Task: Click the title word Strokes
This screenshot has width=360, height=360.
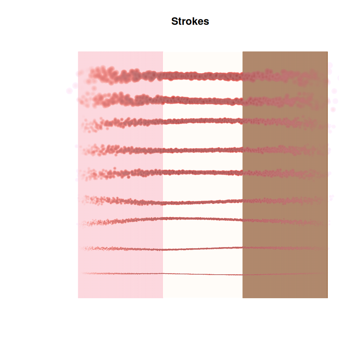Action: point(190,21)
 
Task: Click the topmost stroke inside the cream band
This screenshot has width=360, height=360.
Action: point(203,76)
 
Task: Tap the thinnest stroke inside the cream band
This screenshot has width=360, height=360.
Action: point(203,274)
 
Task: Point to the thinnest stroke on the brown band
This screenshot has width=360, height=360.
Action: point(285,274)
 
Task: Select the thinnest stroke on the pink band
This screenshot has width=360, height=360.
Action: point(122,274)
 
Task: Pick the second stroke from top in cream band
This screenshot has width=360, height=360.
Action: point(203,101)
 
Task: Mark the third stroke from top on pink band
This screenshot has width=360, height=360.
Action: point(122,123)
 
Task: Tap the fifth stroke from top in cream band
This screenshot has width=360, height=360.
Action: point(203,172)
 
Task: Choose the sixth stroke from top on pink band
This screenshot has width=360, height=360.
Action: point(122,201)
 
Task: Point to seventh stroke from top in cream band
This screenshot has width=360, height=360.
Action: point(203,219)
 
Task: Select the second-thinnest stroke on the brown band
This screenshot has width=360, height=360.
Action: point(285,248)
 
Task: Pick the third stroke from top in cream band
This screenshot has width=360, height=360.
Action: point(203,121)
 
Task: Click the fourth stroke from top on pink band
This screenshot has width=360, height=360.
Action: point(122,150)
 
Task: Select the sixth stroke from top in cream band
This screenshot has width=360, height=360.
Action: point(203,202)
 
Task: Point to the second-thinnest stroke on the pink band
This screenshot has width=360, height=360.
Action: point(122,249)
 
